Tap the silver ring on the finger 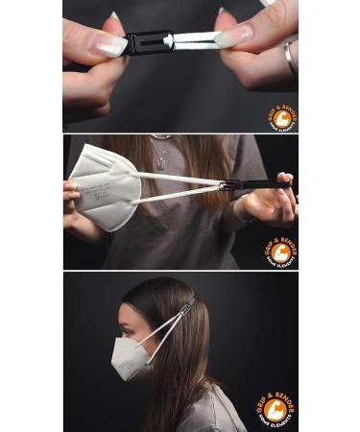click(x=289, y=59)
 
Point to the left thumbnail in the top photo click(x=108, y=45)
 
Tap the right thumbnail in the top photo click(x=232, y=38)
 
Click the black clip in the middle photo click(x=252, y=183)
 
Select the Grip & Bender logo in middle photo click(x=278, y=252)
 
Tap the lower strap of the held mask click(x=182, y=195)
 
